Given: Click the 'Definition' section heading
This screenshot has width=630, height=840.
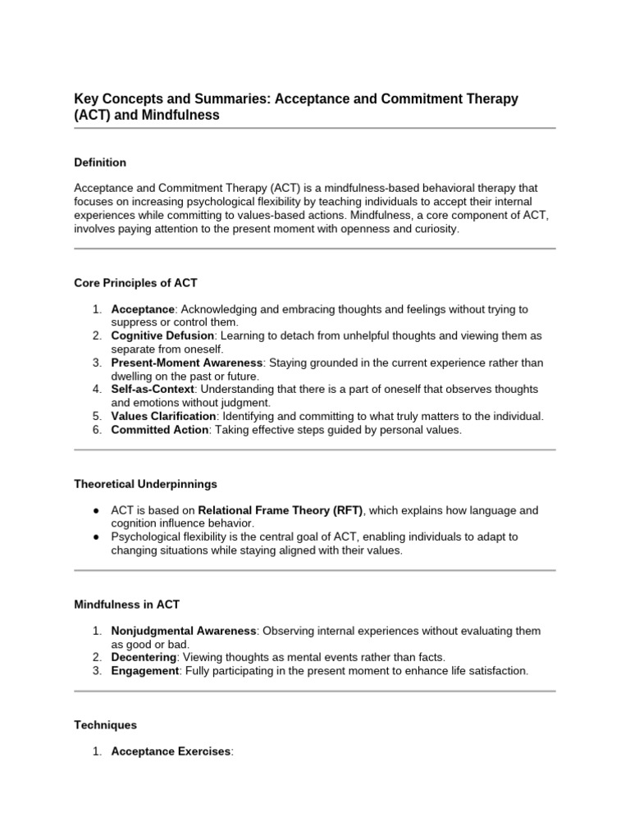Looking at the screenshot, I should tap(100, 162).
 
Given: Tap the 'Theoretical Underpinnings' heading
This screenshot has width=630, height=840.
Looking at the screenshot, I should tap(145, 484).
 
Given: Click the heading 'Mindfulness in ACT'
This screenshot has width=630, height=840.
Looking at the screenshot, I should tap(126, 604).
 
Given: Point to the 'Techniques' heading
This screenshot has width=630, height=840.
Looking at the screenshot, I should tap(105, 725).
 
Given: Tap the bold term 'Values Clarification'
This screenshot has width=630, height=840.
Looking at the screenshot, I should tap(163, 417).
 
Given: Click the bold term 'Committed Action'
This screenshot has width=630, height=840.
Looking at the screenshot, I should tap(160, 430).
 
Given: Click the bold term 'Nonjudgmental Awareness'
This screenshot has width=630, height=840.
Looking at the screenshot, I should tap(184, 631).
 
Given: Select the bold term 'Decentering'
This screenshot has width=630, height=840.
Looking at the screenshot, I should tap(144, 657).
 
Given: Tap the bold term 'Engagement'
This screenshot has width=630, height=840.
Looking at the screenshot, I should tap(144, 671).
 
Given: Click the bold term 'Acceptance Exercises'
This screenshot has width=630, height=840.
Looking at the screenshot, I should tap(171, 751).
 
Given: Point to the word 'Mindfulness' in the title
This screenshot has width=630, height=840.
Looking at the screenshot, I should tap(179, 115).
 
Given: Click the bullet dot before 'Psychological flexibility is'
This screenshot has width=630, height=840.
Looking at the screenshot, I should tap(96, 537).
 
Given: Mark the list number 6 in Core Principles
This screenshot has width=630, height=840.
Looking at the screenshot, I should tap(96, 430).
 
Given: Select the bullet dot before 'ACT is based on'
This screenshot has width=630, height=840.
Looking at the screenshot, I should tap(96, 510).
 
